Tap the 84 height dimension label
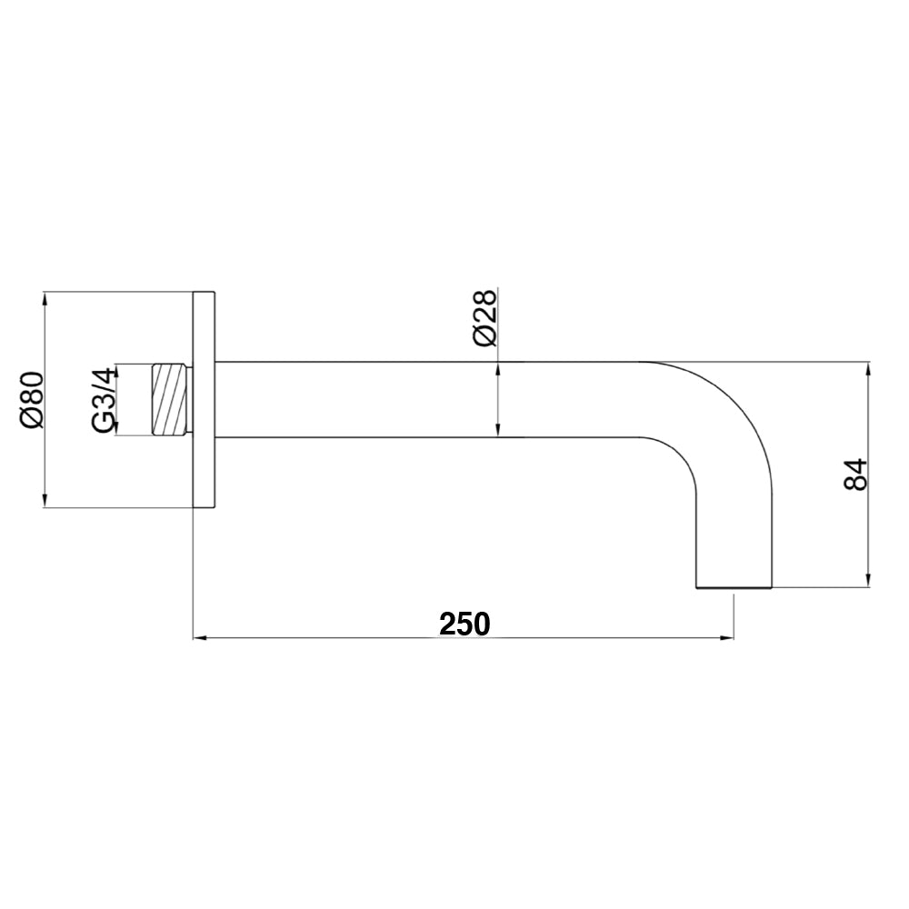click(x=855, y=474)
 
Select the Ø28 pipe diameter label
click(x=484, y=317)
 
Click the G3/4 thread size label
click(x=105, y=399)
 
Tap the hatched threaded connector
click(x=170, y=400)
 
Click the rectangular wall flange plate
click(x=205, y=400)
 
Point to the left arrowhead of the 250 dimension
click(x=200, y=638)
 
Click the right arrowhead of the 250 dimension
click(x=727, y=638)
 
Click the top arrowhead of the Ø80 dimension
click(x=45, y=299)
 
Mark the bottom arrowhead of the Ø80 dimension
click(x=45, y=501)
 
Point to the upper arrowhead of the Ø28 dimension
click(x=498, y=369)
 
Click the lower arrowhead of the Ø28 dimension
click(x=498, y=432)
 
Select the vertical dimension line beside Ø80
click(x=45, y=454)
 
